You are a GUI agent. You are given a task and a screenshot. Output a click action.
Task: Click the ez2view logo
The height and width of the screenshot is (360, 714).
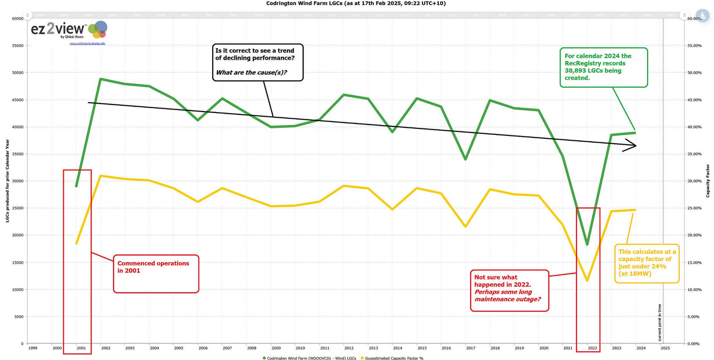68,31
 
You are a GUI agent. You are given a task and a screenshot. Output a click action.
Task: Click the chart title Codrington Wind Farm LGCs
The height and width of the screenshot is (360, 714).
357,3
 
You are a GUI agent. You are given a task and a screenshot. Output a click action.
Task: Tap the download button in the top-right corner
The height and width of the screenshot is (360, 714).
702,15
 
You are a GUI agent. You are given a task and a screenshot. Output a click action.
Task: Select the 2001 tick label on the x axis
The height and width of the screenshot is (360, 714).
81,348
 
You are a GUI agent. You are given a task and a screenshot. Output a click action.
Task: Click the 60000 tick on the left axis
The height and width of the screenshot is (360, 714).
17,19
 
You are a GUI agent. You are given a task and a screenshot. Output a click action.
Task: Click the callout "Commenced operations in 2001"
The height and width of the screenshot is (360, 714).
156,273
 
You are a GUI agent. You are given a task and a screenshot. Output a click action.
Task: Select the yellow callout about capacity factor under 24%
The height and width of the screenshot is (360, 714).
647,263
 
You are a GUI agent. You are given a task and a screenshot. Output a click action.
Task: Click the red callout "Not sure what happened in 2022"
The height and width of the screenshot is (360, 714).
509,291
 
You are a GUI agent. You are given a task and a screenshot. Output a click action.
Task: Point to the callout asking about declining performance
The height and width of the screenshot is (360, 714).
257,61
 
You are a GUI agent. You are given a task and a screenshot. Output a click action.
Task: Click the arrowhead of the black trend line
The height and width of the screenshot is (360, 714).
632,146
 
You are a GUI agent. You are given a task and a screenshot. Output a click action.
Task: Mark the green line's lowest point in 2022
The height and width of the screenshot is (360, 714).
587,244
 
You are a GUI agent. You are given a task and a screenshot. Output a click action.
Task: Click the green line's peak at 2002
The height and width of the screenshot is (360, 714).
100,79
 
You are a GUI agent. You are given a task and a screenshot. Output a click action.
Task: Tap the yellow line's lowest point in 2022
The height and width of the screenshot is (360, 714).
587,281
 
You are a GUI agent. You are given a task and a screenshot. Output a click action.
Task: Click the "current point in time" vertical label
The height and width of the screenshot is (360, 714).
660,322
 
